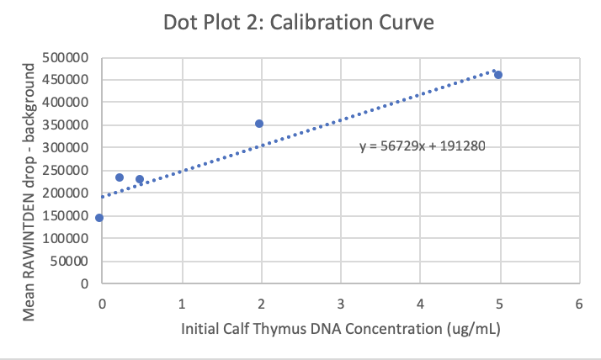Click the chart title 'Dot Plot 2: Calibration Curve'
(x=300, y=23)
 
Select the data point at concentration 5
(x=498, y=75)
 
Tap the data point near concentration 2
(x=259, y=124)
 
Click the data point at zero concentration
(x=99, y=218)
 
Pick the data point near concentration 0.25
(x=120, y=177)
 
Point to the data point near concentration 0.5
(x=140, y=179)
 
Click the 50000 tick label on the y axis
(x=74, y=261)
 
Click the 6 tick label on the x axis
(x=579, y=302)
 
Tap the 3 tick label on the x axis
(x=340, y=302)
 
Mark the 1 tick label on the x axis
(x=182, y=302)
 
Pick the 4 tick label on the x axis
(x=420, y=302)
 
